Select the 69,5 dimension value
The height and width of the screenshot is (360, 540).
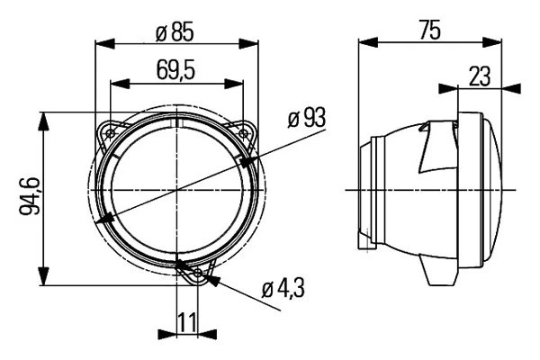pos(175,68)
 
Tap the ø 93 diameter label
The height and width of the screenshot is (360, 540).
pos(307,118)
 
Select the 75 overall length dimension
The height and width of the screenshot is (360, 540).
pos(428,31)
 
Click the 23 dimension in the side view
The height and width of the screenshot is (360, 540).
pos(480,76)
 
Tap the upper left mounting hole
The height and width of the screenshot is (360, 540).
pos(110,131)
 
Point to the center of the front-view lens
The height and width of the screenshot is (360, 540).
pos(176,190)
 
